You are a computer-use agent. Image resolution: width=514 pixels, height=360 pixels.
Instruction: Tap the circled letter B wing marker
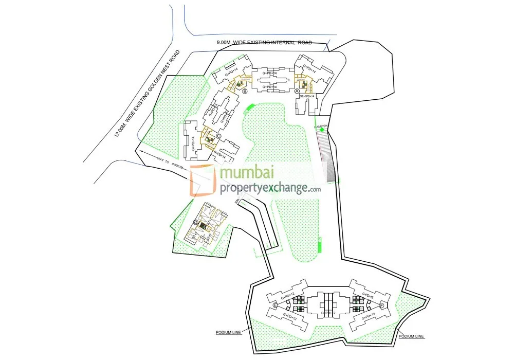(245, 92)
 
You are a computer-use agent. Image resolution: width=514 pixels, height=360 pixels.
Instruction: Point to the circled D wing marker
(196, 222)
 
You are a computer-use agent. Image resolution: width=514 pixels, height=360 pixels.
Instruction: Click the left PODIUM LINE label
(228, 333)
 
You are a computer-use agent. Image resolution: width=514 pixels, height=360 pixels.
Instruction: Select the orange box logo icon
(204, 181)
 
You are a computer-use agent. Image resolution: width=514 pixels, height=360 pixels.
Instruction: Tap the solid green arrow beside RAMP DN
(322, 130)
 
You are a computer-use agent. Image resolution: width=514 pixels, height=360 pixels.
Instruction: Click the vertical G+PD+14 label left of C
(193, 140)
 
